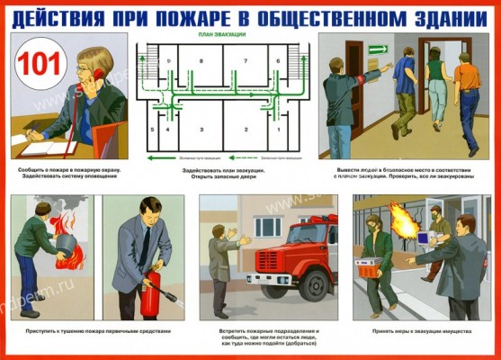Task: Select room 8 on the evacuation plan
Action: point(201,60)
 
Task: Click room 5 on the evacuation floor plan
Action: point(153,130)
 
